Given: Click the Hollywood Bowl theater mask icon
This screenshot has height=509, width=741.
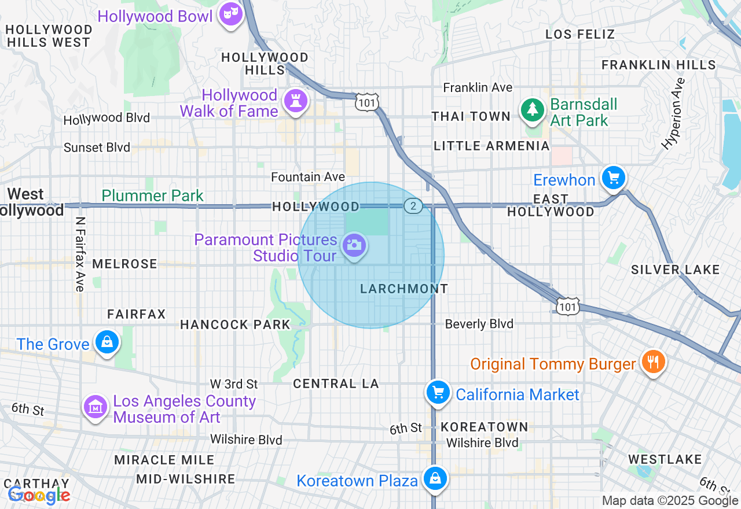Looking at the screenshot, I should (x=230, y=14).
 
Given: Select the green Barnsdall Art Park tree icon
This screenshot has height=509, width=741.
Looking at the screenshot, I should (x=532, y=110).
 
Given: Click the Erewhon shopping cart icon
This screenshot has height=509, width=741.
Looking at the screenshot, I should (x=614, y=178).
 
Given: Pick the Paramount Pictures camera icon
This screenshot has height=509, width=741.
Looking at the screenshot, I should (x=354, y=245).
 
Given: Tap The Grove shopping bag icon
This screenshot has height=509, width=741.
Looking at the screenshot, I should (x=107, y=342).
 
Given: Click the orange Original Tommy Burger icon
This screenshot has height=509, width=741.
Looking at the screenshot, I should (x=653, y=362).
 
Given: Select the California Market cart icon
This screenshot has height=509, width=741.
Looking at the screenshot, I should (x=438, y=393).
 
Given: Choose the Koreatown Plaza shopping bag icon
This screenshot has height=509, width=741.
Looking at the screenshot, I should (x=434, y=478).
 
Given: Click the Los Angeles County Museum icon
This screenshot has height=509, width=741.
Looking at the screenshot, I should (x=96, y=407).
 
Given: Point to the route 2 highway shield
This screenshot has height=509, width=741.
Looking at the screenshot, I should (x=413, y=206).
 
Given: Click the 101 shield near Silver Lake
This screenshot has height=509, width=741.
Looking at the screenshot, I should (x=568, y=307).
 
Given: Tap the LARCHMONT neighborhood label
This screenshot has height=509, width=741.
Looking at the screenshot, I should (x=404, y=289).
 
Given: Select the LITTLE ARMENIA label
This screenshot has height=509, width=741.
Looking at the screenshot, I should (x=491, y=146).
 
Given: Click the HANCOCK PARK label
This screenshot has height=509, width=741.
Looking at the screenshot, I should (x=234, y=324).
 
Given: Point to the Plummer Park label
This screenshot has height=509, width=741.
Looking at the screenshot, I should (x=153, y=196).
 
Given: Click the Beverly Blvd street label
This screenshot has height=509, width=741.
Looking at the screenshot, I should (x=479, y=324).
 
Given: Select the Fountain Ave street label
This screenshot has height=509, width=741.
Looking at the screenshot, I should (x=308, y=177).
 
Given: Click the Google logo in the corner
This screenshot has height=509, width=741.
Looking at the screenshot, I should (x=39, y=495).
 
